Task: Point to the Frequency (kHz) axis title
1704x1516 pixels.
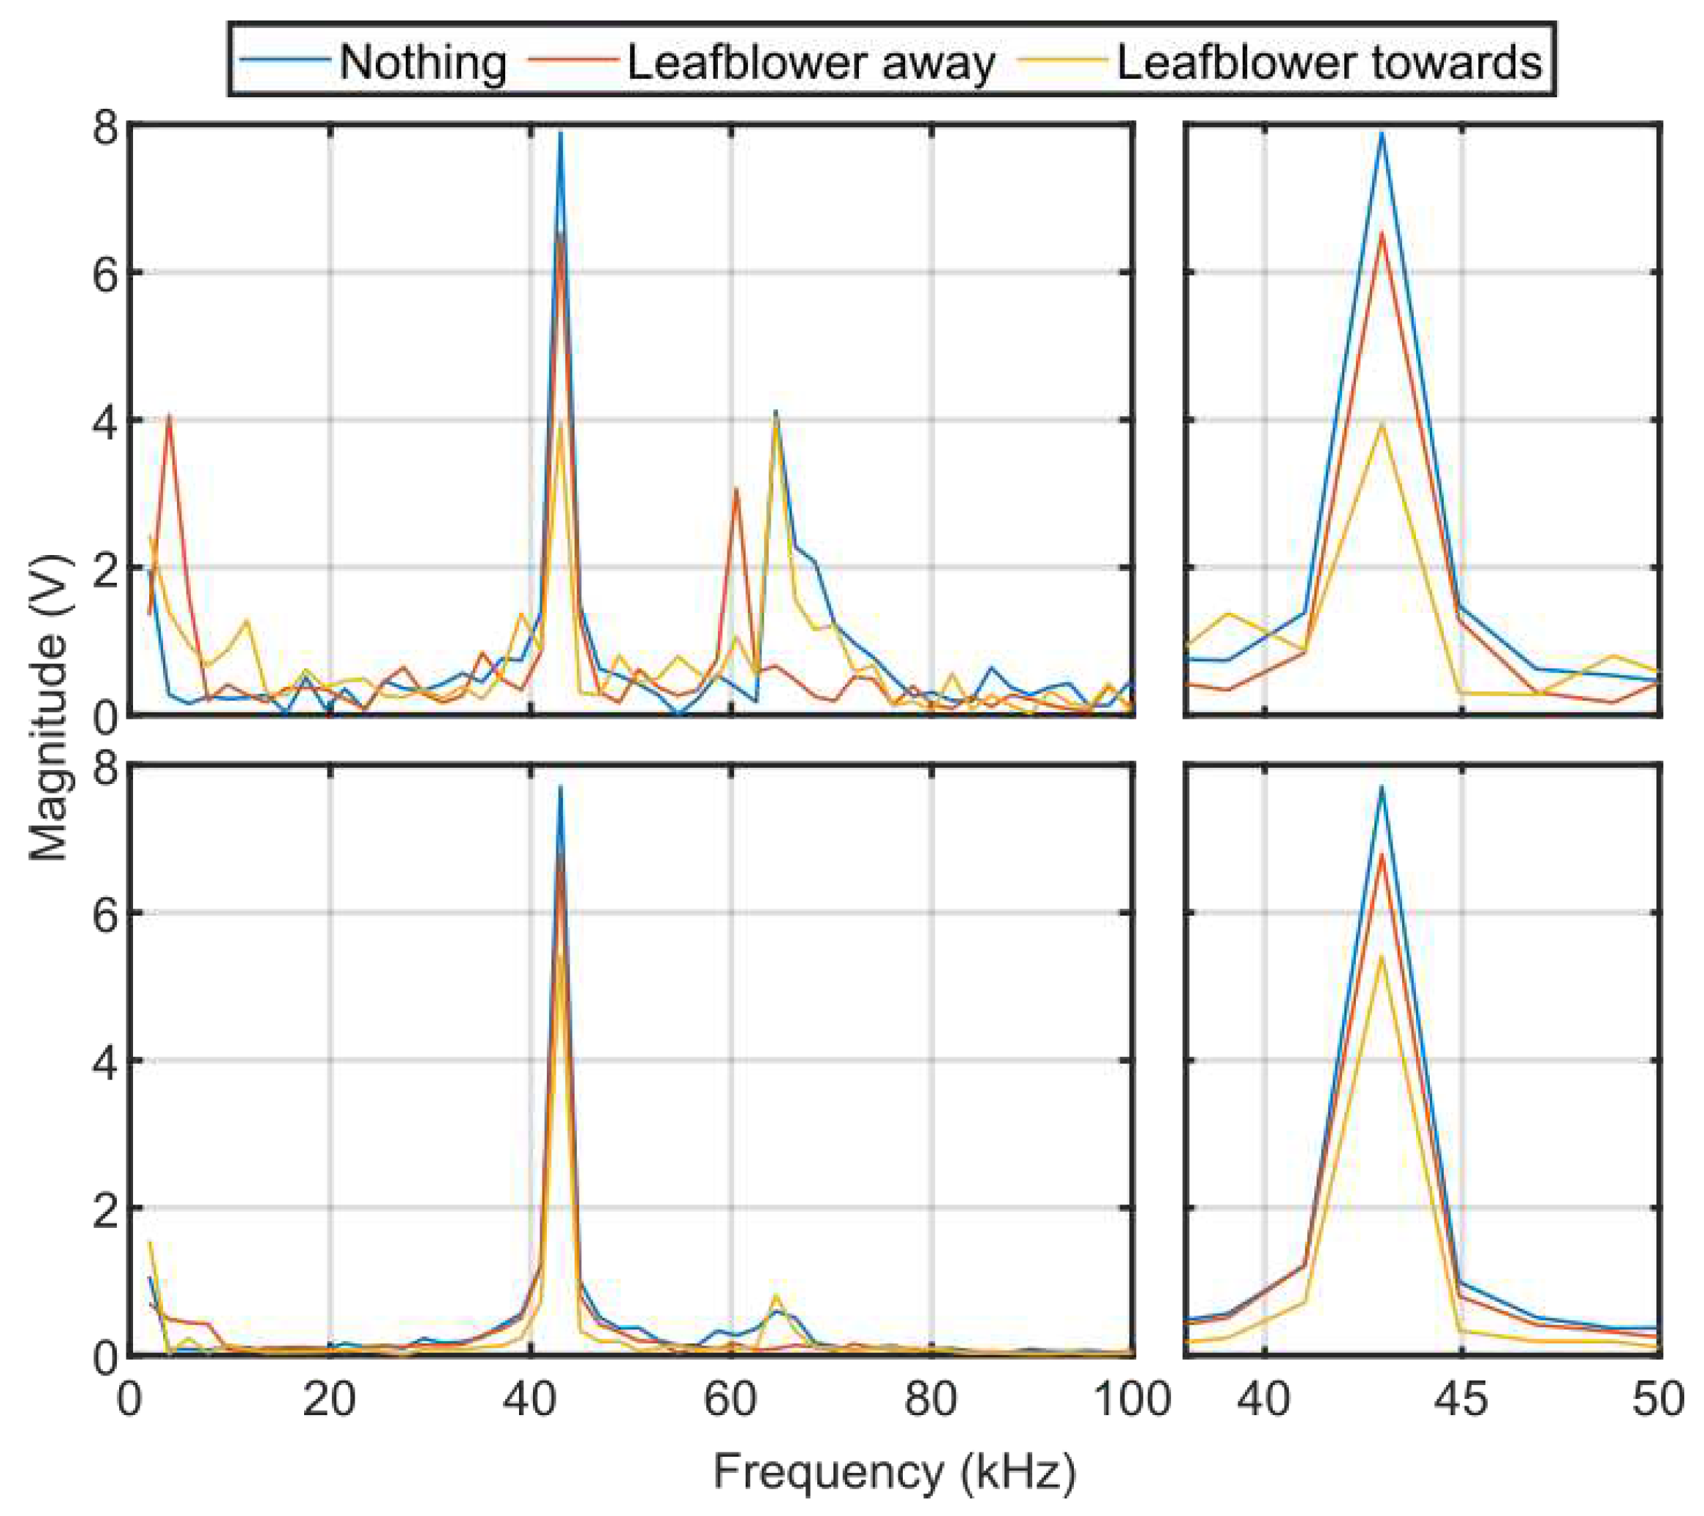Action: pos(895,1473)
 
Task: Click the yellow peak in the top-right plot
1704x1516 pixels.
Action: pos(1382,423)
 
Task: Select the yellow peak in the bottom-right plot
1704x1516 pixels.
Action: pos(1382,956)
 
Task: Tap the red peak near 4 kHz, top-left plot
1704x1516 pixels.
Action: pos(170,415)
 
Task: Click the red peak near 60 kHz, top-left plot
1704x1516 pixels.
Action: pos(736,489)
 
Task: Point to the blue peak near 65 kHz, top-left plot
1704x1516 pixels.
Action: pos(776,412)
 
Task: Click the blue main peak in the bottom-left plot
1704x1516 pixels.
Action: pos(560,786)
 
